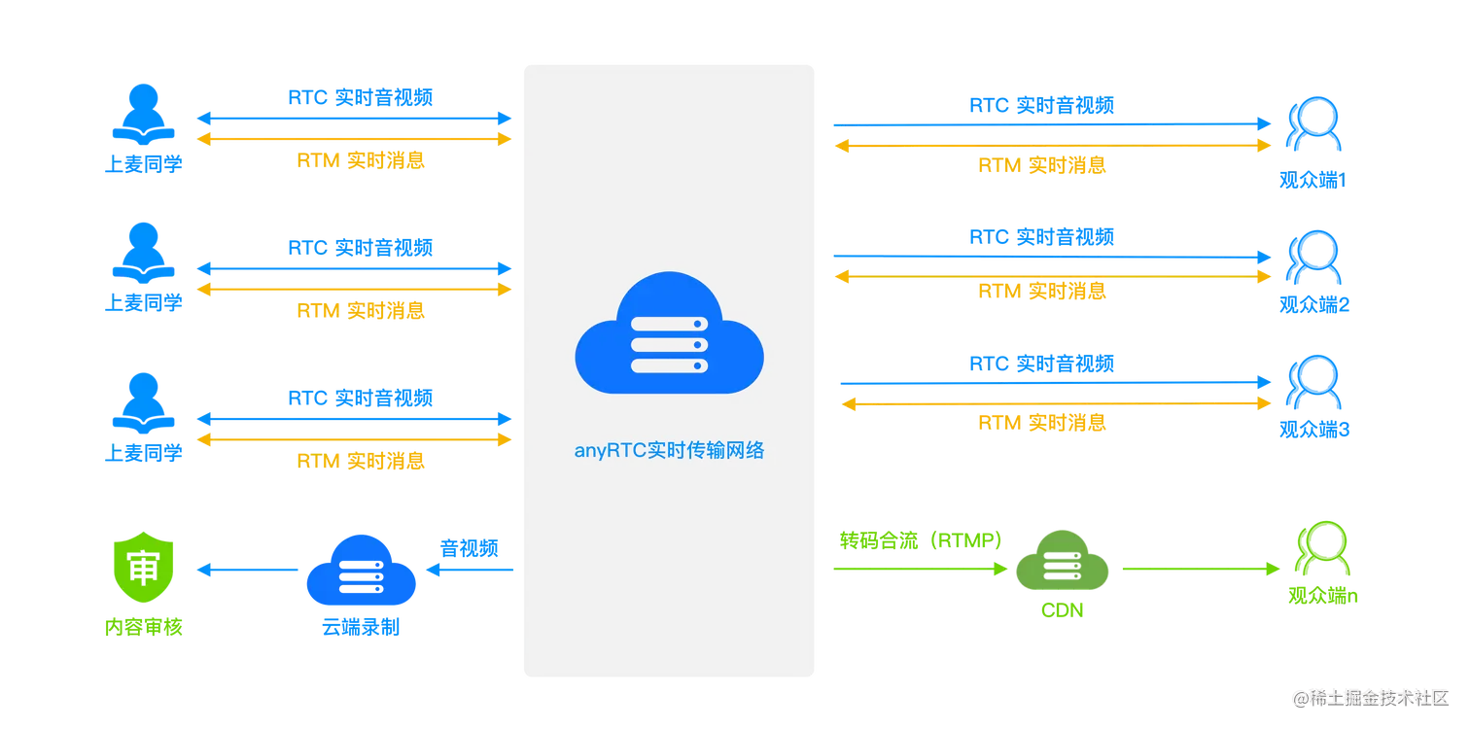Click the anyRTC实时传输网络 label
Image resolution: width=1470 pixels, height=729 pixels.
click(669, 451)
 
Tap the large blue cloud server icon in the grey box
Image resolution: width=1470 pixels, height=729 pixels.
click(669, 332)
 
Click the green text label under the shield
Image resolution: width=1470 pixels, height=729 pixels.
click(143, 628)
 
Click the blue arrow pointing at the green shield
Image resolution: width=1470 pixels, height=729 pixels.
click(248, 572)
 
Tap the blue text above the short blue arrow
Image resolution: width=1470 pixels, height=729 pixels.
click(469, 548)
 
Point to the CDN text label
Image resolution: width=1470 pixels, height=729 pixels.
click(1061, 611)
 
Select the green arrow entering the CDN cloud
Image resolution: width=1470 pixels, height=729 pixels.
click(918, 570)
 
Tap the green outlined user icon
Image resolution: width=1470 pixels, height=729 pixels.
click(1319, 554)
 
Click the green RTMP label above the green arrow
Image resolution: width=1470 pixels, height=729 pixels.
click(917, 539)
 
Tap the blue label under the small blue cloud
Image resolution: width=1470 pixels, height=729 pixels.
click(361, 629)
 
